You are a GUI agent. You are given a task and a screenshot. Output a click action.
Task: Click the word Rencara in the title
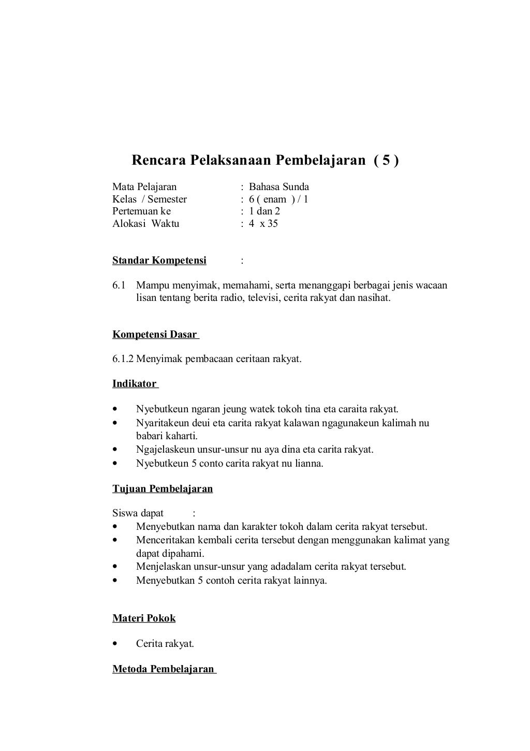click(159, 161)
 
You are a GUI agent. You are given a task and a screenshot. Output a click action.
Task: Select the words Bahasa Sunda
click(278, 187)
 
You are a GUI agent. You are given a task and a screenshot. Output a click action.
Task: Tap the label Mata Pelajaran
click(144, 187)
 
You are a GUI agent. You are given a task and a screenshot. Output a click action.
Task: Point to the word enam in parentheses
click(274, 199)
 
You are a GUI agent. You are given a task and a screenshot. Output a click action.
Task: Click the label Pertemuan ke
click(141, 211)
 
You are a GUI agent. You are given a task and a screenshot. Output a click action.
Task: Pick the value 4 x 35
click(263, 224)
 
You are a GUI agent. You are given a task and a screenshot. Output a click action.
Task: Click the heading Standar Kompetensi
click(159, 261)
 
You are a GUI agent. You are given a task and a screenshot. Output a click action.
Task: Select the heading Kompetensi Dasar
click(155, 335)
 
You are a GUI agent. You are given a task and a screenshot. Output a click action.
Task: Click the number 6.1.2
click(123, 359)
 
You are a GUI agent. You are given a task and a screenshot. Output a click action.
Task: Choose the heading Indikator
click(135, 384)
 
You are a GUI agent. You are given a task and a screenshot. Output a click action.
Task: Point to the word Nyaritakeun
click(163, 423)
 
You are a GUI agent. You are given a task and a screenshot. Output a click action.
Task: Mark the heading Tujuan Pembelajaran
click(163, 489)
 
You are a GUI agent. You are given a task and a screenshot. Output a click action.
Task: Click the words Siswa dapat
click(138, 513)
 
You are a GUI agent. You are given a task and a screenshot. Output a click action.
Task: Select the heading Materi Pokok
click(144, 618)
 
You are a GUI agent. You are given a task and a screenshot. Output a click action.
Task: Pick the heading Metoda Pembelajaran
click(163, 669)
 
